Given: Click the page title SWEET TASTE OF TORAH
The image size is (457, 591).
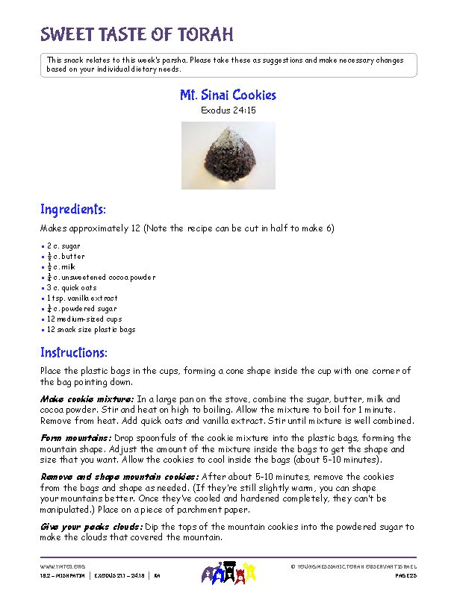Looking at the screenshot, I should pyautogui.click(x=137, y=34).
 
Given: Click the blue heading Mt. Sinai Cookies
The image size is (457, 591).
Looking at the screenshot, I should pyautogui.click(x=228, y=96).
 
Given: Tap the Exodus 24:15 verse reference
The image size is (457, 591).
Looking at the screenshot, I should pyautogui.click(x=228, y=110).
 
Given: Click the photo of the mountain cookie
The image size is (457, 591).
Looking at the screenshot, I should pyautogui.click(x=228, y=155).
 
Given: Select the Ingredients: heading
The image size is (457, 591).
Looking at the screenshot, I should pyautogui.click(x=73, y=209).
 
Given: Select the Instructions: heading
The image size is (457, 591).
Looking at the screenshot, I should pyautogui.click(x=74, y=352).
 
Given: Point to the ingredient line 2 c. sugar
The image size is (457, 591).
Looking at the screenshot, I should pyautogui.click(x=63, y=246).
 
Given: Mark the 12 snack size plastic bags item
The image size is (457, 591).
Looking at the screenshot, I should pyautogui.click(x=91, y=329).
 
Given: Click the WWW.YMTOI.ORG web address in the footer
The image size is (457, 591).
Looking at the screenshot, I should pyautogui.click(x=63, y=566).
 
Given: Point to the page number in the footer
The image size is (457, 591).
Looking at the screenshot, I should pyautogui.click(x=405, y=576).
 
